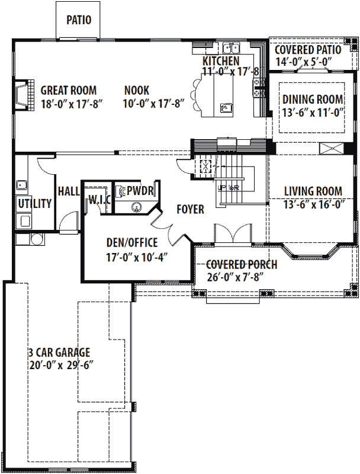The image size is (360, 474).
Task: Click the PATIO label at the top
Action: tap(79, 20)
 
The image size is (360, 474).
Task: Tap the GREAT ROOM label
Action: tap(69, 91)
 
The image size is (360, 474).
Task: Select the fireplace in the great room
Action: tap(21, 95)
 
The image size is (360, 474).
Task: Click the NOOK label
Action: tap(137, 91)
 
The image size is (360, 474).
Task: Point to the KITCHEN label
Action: tap(221, 62)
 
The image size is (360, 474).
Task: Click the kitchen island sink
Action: tap(226, 108)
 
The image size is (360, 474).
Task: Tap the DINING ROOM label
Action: tap(313, 99)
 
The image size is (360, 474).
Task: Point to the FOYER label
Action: tap(190, 210)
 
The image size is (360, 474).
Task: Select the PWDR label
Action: tap(136, 190)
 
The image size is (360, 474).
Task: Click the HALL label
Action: tap(69, 191)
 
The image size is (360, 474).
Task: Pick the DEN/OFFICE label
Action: tap(131, 242)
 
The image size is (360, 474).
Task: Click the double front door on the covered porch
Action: tap(230, 235)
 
